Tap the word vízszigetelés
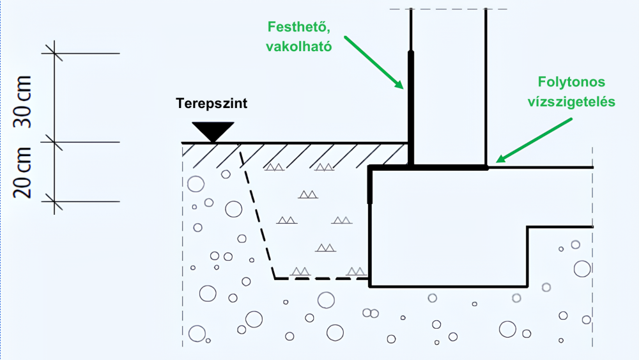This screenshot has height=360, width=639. click(x=571, y=102)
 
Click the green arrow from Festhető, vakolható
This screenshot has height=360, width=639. click(x=373, y=63)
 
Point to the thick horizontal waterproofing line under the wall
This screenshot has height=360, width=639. click(x=447, y=168)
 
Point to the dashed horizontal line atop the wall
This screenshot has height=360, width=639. click(x=447, y=9)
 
